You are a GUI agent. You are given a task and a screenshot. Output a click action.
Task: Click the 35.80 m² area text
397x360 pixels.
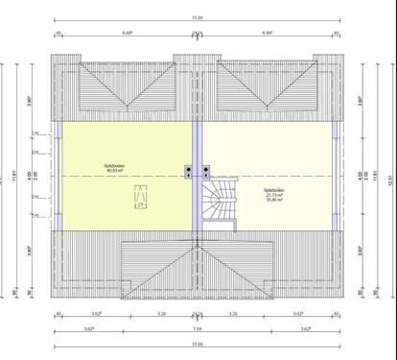[274, 200]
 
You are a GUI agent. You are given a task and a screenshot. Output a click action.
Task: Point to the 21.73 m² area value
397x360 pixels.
[273, 195]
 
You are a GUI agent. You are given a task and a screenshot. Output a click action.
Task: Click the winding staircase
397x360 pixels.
[223, 201]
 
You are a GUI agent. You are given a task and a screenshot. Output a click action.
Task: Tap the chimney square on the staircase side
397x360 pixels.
[205, 174]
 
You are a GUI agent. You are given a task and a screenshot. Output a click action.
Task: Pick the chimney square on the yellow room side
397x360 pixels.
[189, 174]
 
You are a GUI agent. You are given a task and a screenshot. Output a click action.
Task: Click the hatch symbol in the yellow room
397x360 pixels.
[140, 196]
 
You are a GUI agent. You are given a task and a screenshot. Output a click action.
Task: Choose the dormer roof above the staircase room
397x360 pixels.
[265, 85]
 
